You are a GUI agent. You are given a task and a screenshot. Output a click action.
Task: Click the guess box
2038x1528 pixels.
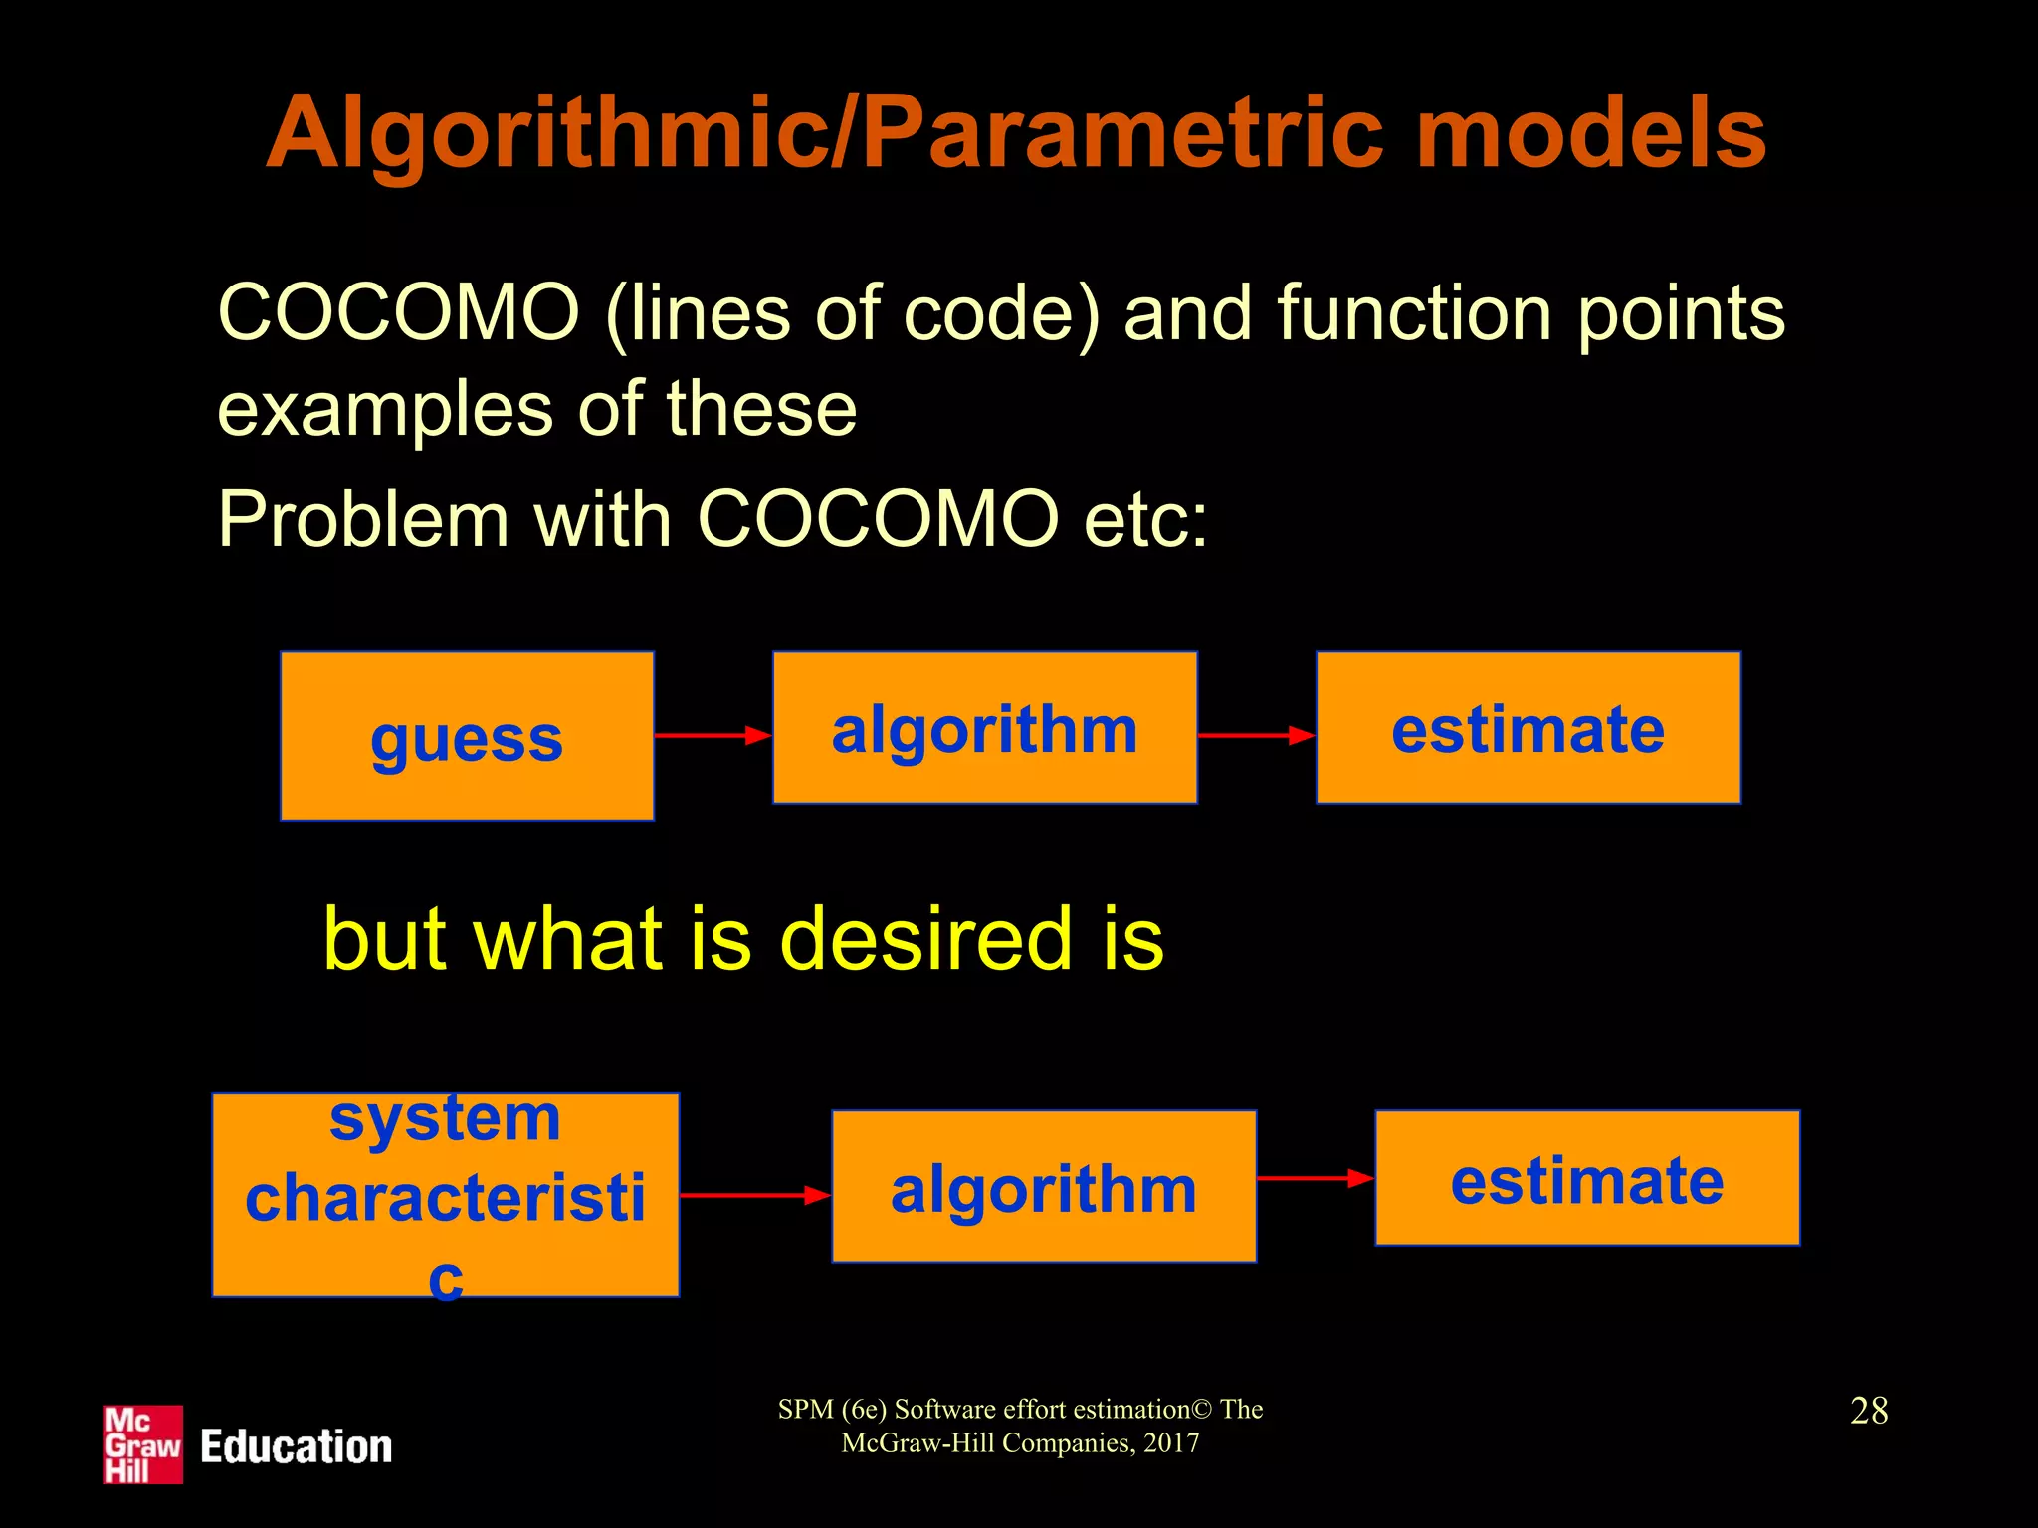467,736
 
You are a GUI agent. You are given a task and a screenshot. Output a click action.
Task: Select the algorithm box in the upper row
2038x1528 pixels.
984,728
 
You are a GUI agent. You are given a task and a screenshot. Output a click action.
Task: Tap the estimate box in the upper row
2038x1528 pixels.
1528,728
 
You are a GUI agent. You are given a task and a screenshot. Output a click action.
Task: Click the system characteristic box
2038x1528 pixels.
445,1195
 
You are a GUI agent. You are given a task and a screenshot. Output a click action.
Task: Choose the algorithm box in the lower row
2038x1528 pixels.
1043,1187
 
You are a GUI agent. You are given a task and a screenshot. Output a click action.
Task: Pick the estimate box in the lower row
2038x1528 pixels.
1586,1179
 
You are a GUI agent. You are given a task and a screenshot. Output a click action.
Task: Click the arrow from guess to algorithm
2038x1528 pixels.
713,736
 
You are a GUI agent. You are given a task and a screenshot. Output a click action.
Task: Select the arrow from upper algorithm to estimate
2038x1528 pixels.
1256,736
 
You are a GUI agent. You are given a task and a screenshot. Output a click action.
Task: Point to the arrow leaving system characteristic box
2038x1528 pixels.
754,1195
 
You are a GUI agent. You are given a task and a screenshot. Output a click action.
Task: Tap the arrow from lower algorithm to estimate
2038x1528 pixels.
1315,1179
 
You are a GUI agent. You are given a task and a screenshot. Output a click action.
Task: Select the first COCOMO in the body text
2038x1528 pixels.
398,313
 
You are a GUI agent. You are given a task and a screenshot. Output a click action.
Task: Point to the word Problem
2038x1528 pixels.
363,519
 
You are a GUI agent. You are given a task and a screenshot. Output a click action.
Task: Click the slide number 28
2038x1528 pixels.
1869,1411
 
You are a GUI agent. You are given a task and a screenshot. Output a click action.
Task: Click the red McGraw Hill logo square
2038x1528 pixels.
143,1444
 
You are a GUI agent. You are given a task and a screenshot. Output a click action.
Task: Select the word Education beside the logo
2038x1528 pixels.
297,1446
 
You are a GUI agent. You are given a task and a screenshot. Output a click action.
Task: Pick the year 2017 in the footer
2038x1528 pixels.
1171,1443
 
